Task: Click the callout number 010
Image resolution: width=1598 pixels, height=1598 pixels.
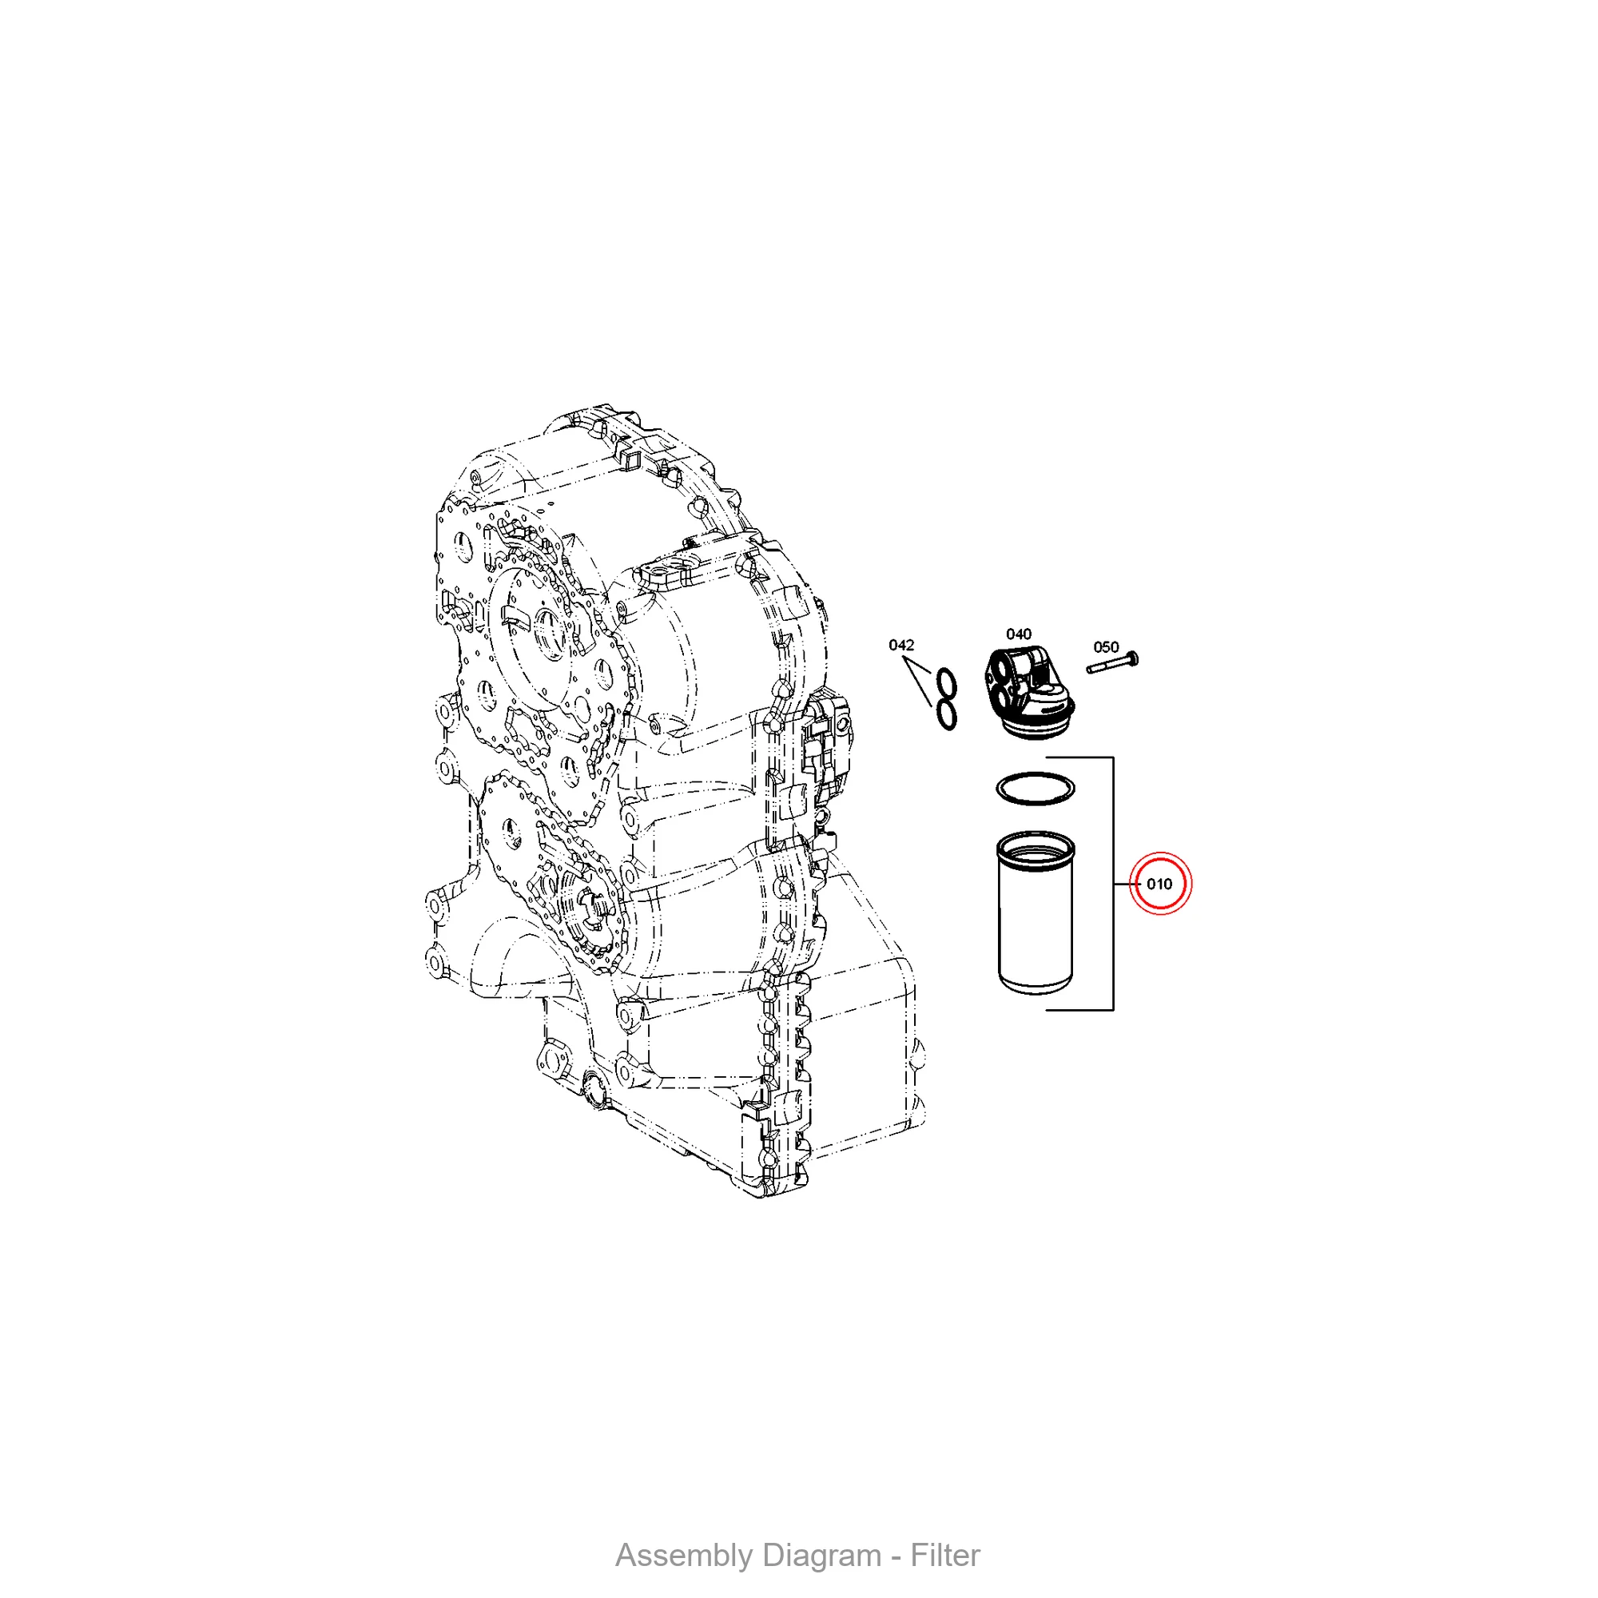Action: pos(1159,884)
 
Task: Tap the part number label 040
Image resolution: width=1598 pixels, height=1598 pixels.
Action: pos(1018,634)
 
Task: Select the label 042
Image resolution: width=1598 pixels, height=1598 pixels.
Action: pos(900,645)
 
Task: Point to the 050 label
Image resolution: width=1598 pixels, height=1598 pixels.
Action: pos(1106,647)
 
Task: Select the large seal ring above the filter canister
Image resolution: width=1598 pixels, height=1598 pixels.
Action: pos(1036,788)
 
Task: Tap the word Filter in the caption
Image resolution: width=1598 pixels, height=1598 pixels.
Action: pos(944,1556)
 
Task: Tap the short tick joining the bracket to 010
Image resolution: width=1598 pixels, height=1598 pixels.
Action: pos(1125,884)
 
